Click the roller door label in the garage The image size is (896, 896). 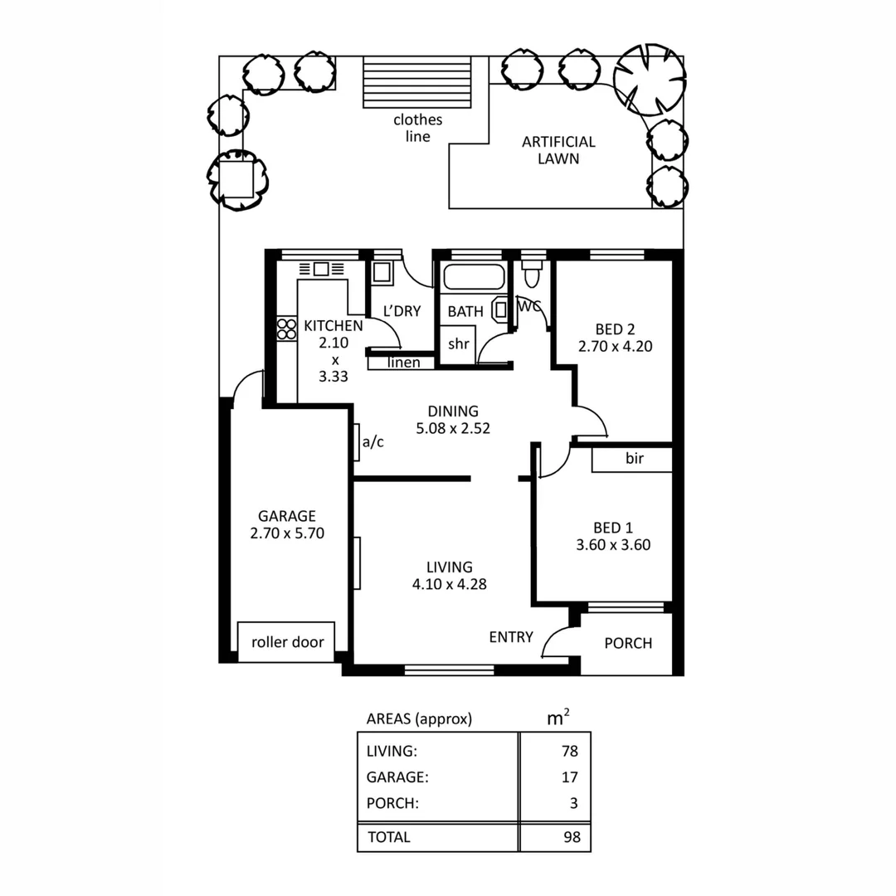pyautogui.click(x=287, y=642)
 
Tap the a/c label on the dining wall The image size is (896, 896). pyautogui.click(x=373, y=442)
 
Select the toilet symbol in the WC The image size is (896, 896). pyautogui.click(x=531, y=273)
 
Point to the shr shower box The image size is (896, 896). pyautogui.click(x=459, y=343)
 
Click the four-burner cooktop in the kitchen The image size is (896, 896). pyautogui.click(x=287, y=329)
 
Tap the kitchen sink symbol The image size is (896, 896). pyautogui.click(x=321, y=269)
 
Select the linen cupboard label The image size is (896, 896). pyautogui.click(x=403, y=363)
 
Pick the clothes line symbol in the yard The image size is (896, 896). pyautogui.click(x=417, y=81)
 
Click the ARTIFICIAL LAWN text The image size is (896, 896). pyautogui.click(x=558, y=150)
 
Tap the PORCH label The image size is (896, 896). pyautogui.click(x=628, y=643)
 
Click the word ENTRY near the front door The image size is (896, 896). pyautogui.click(x=511, y=637)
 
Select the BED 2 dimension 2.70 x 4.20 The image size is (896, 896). pyautogui.click(x=615, y=346)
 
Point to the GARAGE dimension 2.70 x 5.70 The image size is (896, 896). pyautogui.click(x=286, y=533)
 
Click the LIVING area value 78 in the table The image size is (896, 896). pyautogui.click(x=568, y=752)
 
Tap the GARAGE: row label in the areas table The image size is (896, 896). pyautogui.click(x=397, y=777)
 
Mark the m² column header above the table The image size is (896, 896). pyautogui.click(x=558, y=718)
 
